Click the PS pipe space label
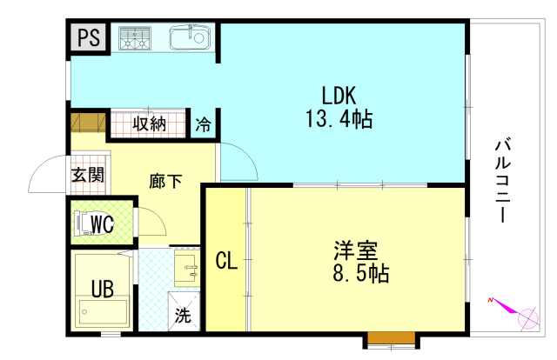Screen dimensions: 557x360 tap(89, 37)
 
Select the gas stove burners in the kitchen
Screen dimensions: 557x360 tap(135, 37)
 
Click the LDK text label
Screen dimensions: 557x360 tap(339, 95)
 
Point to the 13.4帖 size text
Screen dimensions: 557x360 tap(339, 118)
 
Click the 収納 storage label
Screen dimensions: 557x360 tap(150, 123)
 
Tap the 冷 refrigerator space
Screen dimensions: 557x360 tap(203, 124)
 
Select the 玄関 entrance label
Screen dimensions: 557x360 tap(88, 175)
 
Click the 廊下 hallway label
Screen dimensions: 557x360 tap(165, 181)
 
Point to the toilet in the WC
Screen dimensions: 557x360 tap(84, 223)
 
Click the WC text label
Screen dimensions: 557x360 tap(102, 223)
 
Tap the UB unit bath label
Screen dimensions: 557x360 tap(103, 289)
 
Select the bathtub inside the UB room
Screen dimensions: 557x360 tap(103, 312)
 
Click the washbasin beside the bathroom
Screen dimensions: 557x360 tap(186, 269)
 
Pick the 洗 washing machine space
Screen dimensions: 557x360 tap(184, 311)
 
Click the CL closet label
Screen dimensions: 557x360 tap(226, 261)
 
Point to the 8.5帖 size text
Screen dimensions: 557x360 tap(361, 273)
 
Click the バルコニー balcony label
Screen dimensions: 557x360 tap(503, 181)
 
